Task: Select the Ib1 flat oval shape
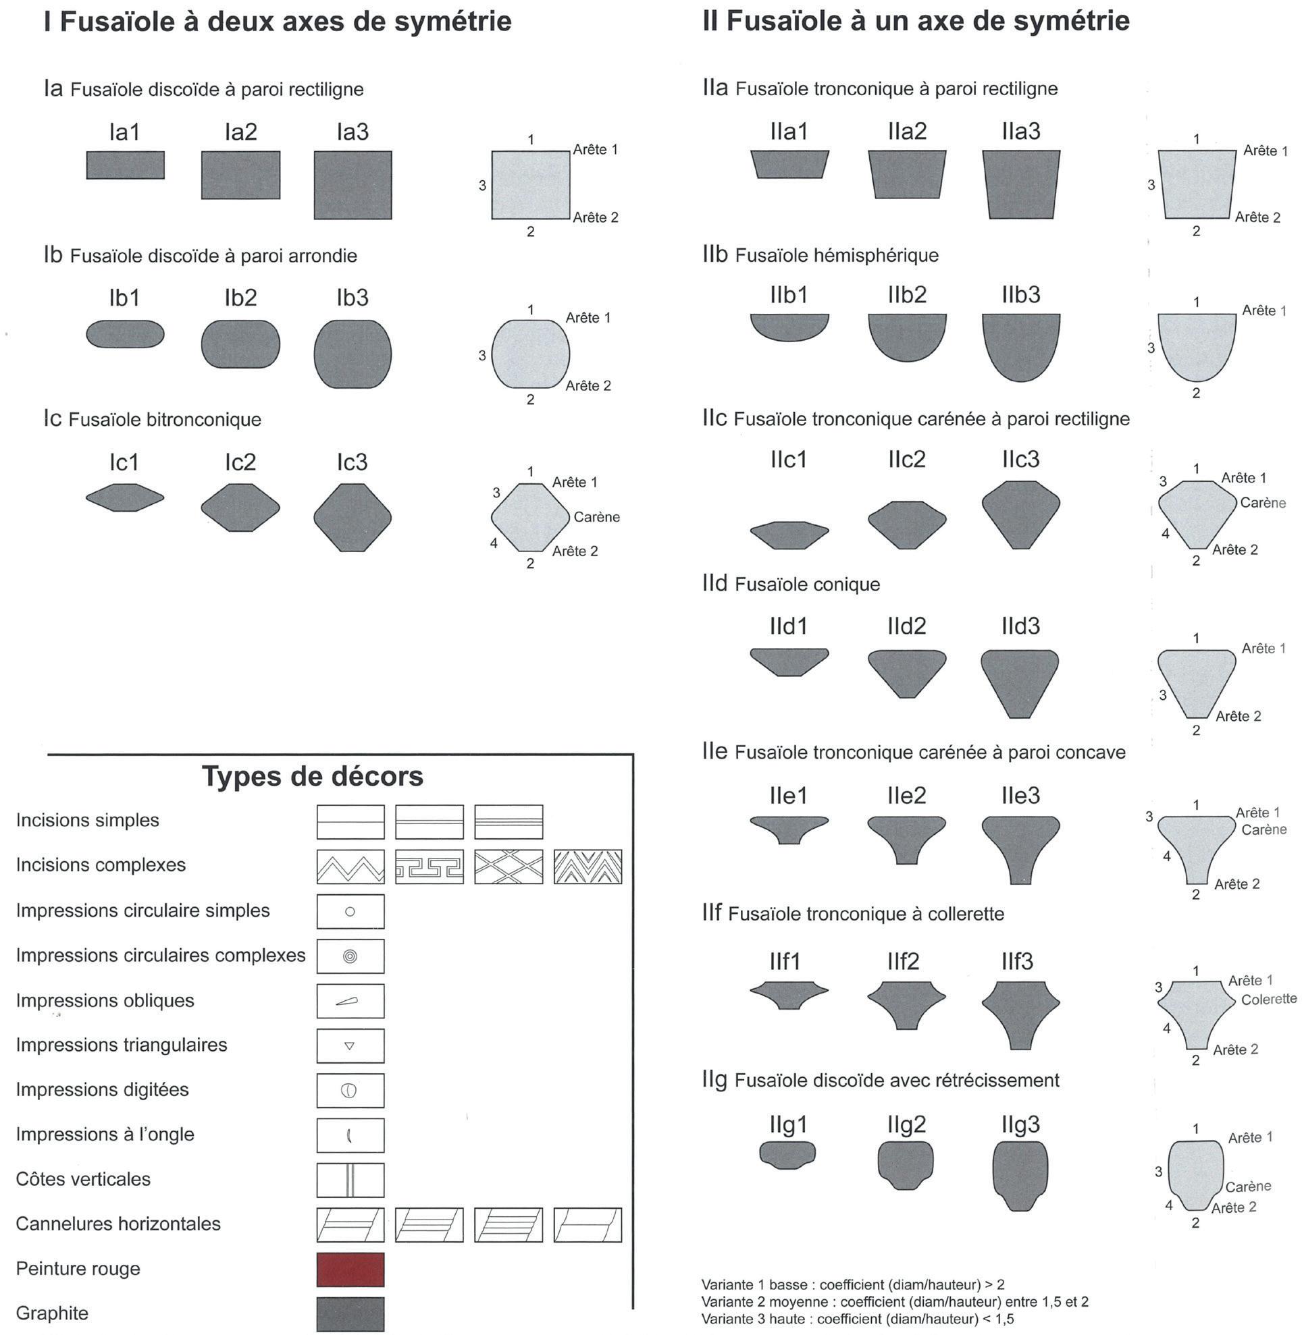(125, 333)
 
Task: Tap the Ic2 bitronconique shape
(240, 507)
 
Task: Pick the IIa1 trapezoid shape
(789, 164)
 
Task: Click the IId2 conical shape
(907, 672)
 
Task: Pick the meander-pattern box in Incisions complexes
(429, 867)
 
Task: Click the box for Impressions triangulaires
(350, 1045)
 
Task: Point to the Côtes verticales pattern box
(350, 1180)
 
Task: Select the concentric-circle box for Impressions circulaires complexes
(350, 956)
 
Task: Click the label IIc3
(1020, 460)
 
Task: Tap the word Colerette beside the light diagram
(1268, 1000)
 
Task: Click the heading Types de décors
(313, 777)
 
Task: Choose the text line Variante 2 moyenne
(894, 1301)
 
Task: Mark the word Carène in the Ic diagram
(596, 517)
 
